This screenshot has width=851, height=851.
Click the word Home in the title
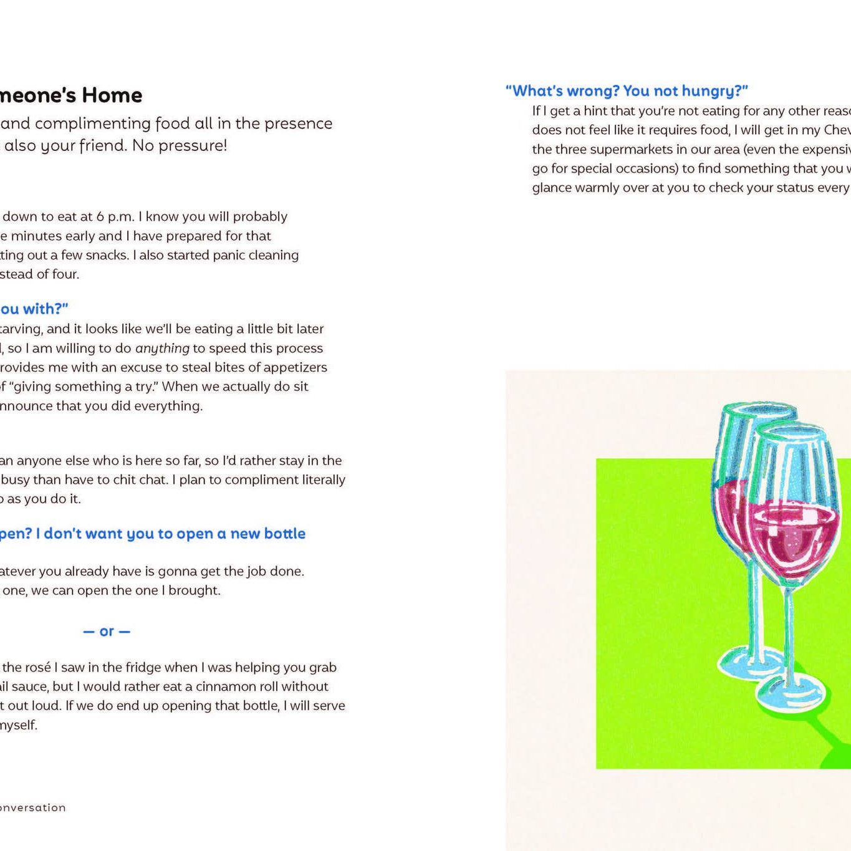click(112, 95)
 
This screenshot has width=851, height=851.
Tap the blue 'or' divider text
click(107, 632)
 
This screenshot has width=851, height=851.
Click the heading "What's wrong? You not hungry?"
click(627, 91)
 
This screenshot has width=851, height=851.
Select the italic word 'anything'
click(162, 349)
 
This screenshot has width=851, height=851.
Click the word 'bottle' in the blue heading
click(284, 534)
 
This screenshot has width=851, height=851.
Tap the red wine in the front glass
click(792, 533)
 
